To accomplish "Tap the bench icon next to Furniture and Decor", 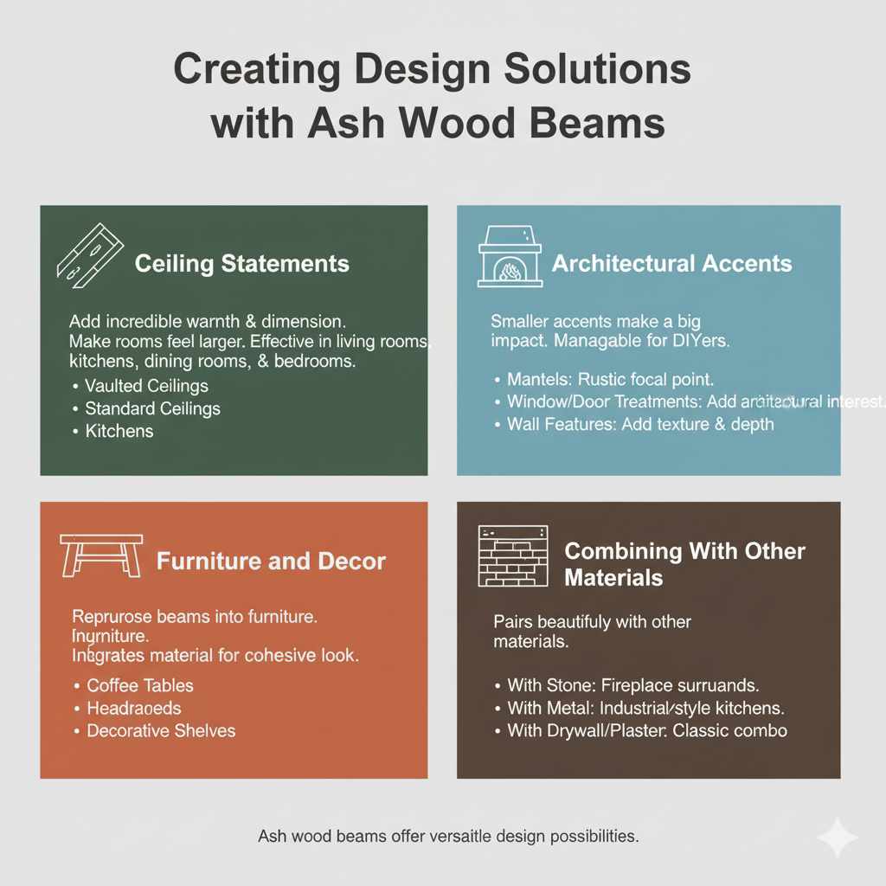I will pos(100,556).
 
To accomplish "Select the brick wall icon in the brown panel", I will pos(513,557).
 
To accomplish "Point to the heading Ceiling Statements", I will pos(242,264).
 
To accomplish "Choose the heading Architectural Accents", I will pos(671,263).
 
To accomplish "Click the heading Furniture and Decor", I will pos(271,562).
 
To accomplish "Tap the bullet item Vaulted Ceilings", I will pos(146,386).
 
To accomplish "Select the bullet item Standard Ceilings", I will pos(152,408).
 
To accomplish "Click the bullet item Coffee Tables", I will pos(140,685).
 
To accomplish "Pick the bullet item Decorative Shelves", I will pos(161,730).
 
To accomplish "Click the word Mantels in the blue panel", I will pos(535,380).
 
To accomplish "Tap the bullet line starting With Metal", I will pos(645,708).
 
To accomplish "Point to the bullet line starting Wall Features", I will pos(640,424).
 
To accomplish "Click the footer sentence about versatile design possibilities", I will pos(448,837).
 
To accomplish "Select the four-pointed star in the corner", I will pos(838,837).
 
